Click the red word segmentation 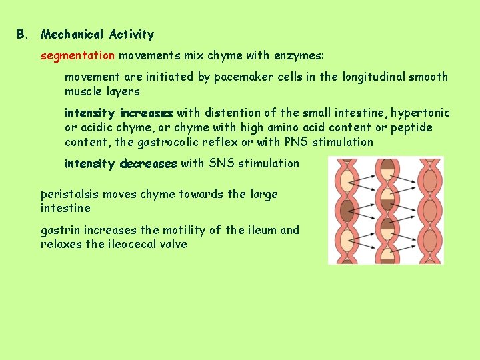[x=78, y=56]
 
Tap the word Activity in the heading [x=131, y=34]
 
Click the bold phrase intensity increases [x=119, y=113]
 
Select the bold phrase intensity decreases [x=121, y=163]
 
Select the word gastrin [x=59, y=230]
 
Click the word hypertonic [x=421, y=113]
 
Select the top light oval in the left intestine [x=347, y=181]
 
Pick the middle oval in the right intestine [x=429, y=211]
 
